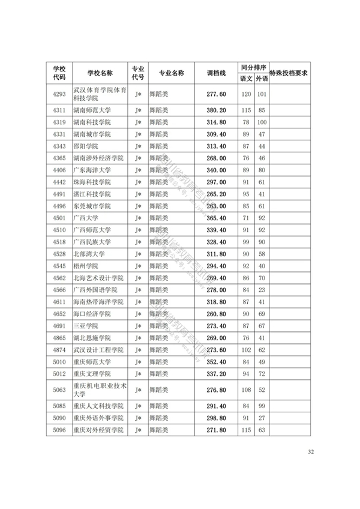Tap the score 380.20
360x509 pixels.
tap(215, 110)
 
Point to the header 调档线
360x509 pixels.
tap(215, 73)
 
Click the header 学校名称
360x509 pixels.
tap(99, 73)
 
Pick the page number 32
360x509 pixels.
tap(310, 452)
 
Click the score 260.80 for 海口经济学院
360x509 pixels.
tap(215, 313)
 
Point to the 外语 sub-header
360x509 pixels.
tap(261, 79)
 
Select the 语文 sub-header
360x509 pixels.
tap(246, 79)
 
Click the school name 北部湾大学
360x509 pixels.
tap(88, 253)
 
